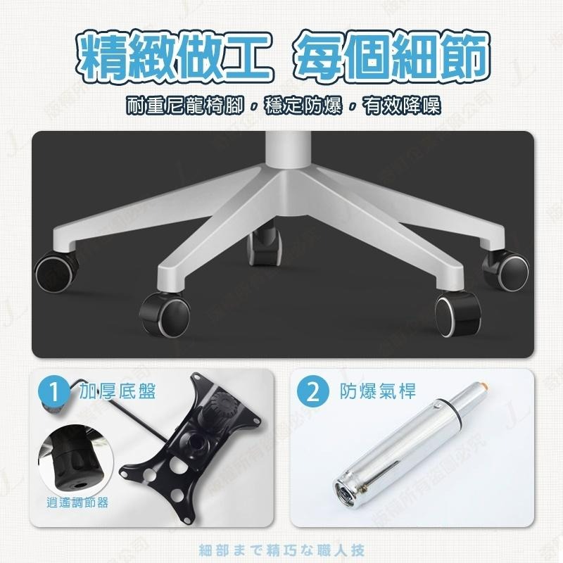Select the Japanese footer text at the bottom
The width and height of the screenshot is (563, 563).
coord(282,549)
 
